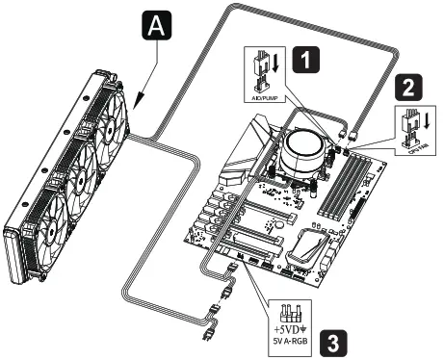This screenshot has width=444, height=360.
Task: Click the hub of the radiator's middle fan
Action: (81, 166)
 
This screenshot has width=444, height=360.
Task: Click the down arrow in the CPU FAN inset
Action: (425, 124)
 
